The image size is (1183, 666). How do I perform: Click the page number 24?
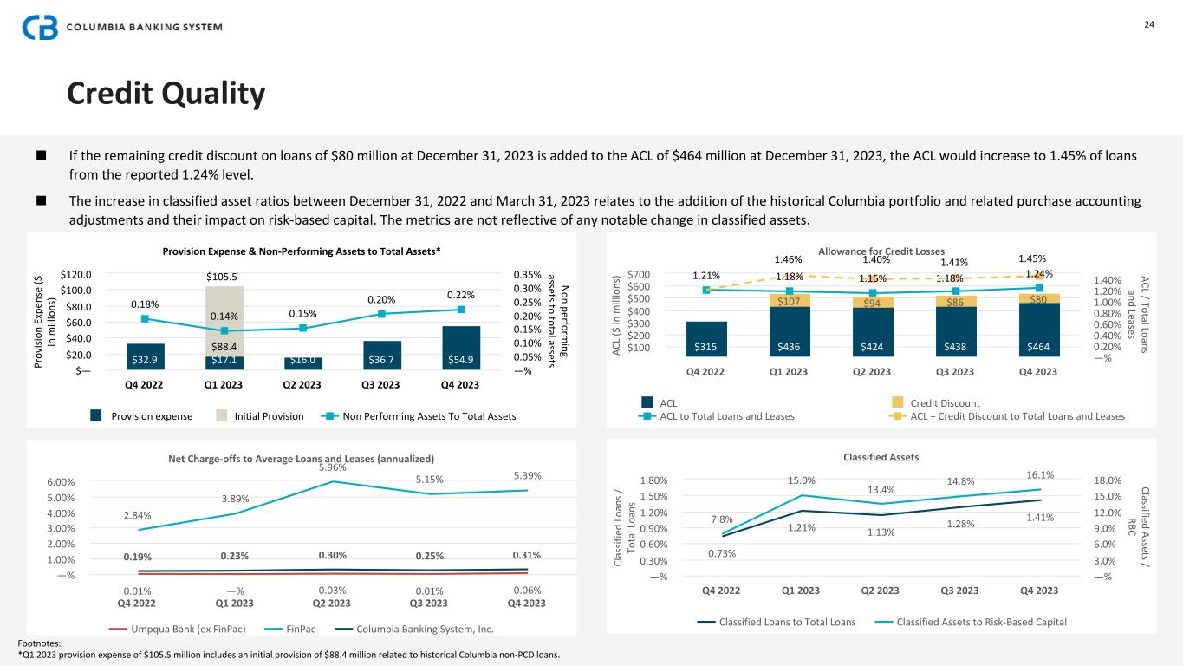[x=1149, y=23]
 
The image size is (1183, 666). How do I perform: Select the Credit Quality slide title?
[x=166, y=95]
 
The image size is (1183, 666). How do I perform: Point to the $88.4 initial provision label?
[x=224, y=349]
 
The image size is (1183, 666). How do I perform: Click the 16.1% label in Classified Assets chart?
[x=1040, y=474]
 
